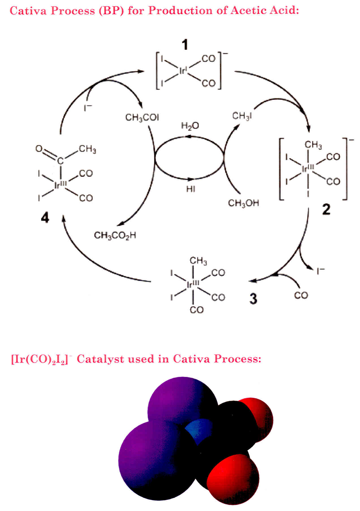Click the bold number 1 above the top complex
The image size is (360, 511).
coord(185,45)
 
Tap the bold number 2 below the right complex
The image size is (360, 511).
coord(326,209)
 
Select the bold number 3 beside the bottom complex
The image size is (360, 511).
coord(253,298)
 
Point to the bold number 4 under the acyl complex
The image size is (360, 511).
coord(45,218)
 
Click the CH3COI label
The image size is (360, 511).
coord(142,117)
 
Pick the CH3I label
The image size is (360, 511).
coord(242,116)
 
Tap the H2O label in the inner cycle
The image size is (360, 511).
coord(190,126)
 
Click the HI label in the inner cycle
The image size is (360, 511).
coord(190,189)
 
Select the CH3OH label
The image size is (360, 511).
coord(243,203)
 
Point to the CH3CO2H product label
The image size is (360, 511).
coord(115,235)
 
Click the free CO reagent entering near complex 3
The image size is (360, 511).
coord(301,295)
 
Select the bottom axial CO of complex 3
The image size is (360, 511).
coord(197,310)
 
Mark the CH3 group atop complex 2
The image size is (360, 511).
coord(313,145)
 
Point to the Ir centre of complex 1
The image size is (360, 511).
coord(183,71)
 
